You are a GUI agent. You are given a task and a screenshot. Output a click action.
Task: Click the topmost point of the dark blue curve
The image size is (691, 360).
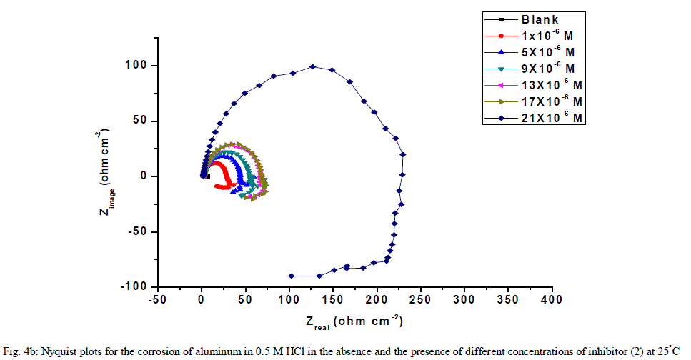click(x=312, y=66)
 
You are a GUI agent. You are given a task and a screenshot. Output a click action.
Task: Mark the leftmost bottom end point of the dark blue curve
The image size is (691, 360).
click(x=291, y=276)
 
